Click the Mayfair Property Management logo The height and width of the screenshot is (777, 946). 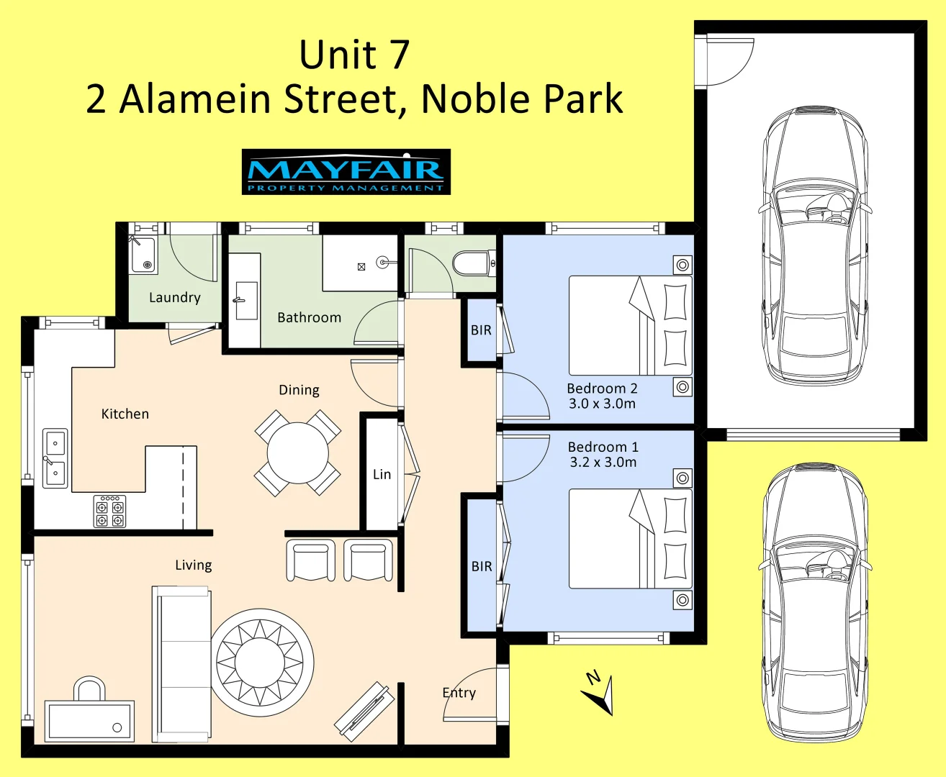click(x=346, y=172)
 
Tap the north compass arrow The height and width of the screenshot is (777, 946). click(x=599, y=694)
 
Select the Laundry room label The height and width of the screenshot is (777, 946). click(x=174, y=297)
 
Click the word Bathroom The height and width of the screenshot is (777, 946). click(x=309, y=317)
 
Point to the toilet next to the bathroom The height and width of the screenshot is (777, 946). click(x=473, y=263)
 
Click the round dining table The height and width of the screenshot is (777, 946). click(x=297, y=453)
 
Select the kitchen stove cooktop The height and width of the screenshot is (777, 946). click(x=109, y=511)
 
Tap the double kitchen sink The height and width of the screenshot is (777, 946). click(x=55, y=458)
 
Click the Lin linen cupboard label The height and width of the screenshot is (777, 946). click(x=382, y=474)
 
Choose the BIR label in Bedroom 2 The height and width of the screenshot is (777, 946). click(x=481, y=330)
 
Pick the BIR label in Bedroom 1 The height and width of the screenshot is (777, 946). click(x=482, y=566)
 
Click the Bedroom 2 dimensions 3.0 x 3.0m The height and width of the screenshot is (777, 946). click(x=602, y=404)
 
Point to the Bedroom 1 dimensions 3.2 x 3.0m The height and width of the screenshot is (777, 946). click(x=603, y=462)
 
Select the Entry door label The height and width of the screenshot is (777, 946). click(x=459, y=692)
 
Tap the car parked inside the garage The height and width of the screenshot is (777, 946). click(x=814, y=246)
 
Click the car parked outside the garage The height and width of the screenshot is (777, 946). click(x=814, y=603)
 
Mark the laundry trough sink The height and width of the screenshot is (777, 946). click(x=143, y=255)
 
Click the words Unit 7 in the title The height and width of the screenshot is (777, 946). click(x=354, y=55)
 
